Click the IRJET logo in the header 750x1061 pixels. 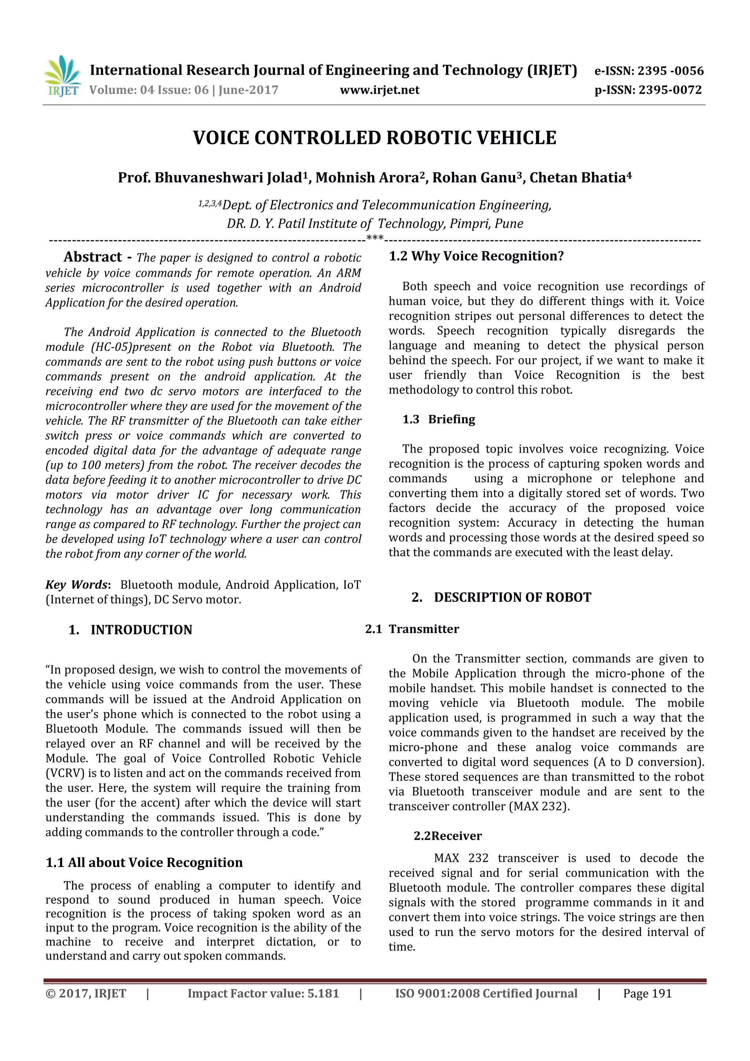point(62,76)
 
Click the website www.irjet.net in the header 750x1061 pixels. point(379,90)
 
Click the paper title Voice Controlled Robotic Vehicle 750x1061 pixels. point(374,138)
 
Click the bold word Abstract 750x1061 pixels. point(92,257)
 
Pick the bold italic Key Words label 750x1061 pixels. point(77,585)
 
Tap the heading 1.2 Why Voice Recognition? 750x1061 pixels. point(476,256)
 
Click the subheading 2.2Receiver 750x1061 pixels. point(447,836)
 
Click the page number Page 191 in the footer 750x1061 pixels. point(647,994)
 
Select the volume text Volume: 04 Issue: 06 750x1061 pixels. point(149,90)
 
